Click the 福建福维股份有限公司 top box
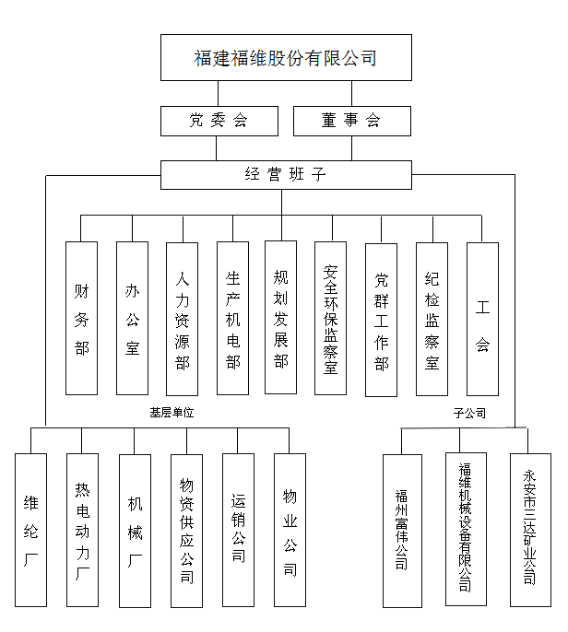point(286,58)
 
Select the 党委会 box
point(219,121)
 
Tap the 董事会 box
point(352,121)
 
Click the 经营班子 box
point(286,175)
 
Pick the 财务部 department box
point(81,318)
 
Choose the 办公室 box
point(133,318)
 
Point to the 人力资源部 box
point(182,319)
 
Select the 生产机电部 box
point(232,318)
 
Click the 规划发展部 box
point(280,317)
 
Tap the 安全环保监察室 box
point(330,318)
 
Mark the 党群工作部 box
point(381,320)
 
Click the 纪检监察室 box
point(432,319)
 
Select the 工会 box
point(482,319)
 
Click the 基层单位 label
point(172,413)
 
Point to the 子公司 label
point(469,413)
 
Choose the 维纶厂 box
point(30,530)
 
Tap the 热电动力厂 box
point(82,530)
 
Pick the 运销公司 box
point(238,530)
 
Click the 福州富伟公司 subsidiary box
point(402,531)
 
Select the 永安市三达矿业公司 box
point(530,530)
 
